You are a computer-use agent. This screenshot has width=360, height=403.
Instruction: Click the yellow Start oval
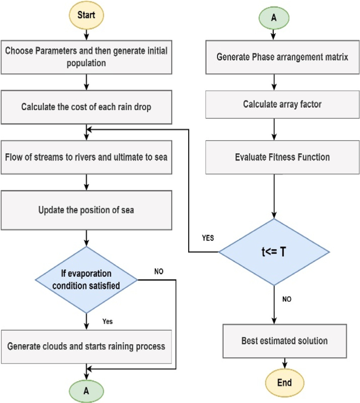86,15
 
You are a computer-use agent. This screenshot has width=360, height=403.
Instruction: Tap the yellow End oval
285,382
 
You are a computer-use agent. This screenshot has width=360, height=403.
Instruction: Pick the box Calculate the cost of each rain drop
86,107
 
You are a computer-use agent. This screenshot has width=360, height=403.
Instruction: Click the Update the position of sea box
86,210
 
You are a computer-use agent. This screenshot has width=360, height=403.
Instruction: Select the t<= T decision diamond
274,253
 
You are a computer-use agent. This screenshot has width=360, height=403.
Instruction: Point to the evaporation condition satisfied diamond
86,280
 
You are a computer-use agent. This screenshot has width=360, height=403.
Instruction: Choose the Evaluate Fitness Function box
282,157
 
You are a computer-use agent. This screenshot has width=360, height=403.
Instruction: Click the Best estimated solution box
285,341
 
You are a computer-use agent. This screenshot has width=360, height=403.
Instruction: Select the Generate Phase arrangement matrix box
282,57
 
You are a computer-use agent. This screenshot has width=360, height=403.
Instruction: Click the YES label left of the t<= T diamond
208,238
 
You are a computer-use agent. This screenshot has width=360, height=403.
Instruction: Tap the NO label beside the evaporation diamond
159,271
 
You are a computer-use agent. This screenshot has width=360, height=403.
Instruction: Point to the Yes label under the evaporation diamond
107,321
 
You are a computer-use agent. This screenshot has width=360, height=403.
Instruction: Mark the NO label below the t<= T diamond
287,299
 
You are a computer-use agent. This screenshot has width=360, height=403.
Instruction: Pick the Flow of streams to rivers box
86,158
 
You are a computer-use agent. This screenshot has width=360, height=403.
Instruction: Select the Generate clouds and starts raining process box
86,346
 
